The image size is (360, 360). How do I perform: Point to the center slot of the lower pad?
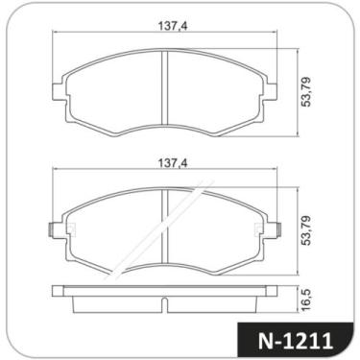click(166, 228)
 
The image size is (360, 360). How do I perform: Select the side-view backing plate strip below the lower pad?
click(165, 290)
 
